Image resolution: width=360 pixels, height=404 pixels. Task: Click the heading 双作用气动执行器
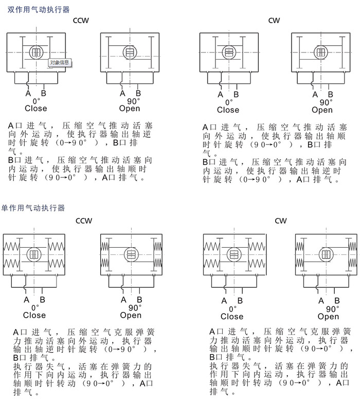(x=39, y=10)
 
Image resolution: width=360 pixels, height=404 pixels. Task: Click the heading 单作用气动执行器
(x=33, y=208)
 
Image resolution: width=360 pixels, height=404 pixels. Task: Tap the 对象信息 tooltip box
(x=60, y=62)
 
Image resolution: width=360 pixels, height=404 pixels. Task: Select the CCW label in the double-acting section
(x=81, y=21)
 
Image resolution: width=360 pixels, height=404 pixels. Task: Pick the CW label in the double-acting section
(x=274, y=21)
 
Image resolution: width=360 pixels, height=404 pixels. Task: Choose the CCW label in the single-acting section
(x=84, y=221)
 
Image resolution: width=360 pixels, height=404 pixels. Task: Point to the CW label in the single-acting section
(x=281, y=221)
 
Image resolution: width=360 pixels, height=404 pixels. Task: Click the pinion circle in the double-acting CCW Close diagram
(x=36, y=52)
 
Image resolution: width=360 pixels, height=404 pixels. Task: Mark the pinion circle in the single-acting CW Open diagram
(x=326, y=254)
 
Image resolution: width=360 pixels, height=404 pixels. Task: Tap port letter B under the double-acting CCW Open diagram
(x=138, y=93)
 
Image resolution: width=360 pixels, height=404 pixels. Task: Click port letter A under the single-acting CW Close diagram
(x=224, y=301)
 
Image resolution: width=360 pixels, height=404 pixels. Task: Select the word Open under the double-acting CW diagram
(x=322, y=110)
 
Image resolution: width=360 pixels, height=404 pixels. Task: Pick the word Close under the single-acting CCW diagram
(x=34, y=315)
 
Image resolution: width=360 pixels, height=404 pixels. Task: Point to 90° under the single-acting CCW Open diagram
(x=135, y=308)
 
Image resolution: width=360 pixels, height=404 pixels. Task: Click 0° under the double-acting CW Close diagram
(x=229, y=102)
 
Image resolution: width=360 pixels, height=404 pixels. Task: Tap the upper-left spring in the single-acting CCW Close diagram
(x=11, y=247)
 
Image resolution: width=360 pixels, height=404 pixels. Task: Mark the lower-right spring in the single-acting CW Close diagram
(x=257, y=264)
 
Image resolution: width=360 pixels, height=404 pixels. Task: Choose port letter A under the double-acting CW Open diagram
(x=315, y=95)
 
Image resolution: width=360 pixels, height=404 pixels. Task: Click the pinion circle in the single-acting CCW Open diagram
(x=131, y=254)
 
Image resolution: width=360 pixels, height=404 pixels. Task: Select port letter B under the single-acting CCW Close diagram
(x=42, y=300)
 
